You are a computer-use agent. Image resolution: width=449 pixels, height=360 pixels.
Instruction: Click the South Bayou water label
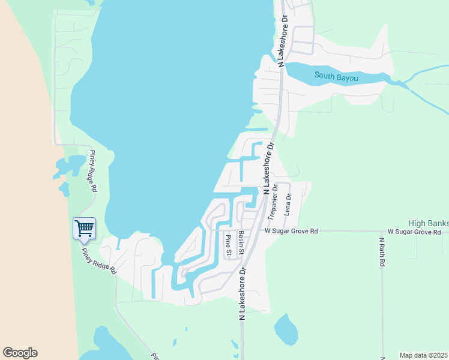click(x=337, y=76)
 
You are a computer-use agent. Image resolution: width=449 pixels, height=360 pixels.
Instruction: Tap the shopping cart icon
click(x=84, y=227)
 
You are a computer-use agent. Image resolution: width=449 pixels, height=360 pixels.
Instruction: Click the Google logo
click(x=20, y=353)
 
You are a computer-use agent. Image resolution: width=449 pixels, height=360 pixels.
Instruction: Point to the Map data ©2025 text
click(x=423, y=355)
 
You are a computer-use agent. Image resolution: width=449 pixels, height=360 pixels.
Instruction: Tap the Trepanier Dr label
click(x=274, y=200)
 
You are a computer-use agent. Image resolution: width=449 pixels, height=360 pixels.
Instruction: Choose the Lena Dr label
click(x=288, y=205)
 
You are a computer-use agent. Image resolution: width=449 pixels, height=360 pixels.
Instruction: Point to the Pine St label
click(x=228, y=244)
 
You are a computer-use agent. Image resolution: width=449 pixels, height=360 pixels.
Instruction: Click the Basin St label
click(x=241, y=242)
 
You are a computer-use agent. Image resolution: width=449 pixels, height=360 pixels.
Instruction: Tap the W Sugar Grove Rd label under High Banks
click(x=418, y=232)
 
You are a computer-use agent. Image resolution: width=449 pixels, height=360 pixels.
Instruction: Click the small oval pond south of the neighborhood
click(x=285, y=329)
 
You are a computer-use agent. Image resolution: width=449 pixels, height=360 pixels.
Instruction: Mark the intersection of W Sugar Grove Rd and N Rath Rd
click(x=382, y=231)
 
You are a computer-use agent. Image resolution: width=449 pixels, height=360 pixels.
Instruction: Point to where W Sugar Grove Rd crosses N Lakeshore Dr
click(x=252, y=230)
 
